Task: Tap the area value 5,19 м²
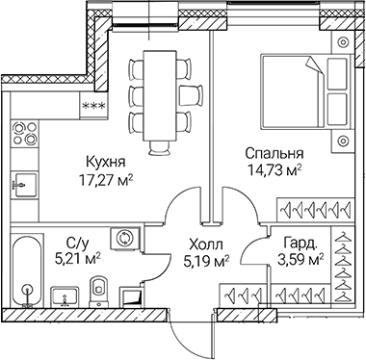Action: click(x=205, y=260)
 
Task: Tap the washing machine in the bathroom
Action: click(x=124, y=238)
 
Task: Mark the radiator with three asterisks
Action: click(x=93, y=109)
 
